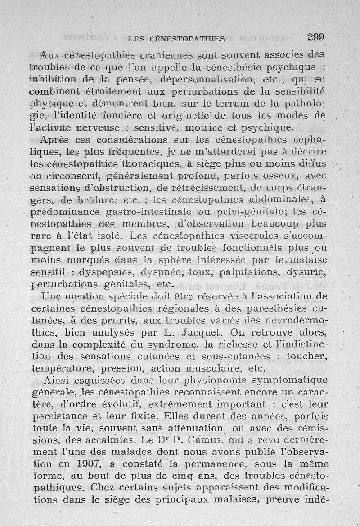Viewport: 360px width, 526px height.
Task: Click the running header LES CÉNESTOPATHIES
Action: point(176,39)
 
